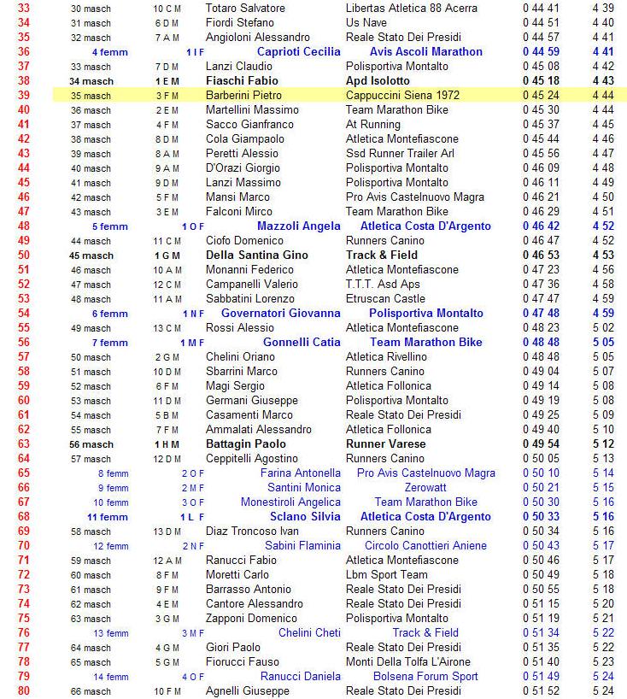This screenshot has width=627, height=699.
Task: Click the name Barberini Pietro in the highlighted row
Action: click(x=243, y=95)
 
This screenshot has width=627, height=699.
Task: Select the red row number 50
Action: click(x=23, y=255)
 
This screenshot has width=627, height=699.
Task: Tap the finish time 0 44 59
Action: click(x=541, y=51)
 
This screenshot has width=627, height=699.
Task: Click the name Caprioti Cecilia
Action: click(x=298, y=51)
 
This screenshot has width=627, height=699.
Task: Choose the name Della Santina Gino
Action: click(x=257, y=255)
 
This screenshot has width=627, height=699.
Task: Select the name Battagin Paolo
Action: click(x=246, y=443)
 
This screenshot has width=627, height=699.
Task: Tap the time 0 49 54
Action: click(x=541, y=443)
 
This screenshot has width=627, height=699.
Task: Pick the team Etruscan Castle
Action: click(x=385, y=298)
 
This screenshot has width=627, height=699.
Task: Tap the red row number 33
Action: click(x=23, y=8)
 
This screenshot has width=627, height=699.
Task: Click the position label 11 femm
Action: click(x=108, y=516)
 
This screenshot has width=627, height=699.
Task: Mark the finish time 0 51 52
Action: click(x=541, y=690)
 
